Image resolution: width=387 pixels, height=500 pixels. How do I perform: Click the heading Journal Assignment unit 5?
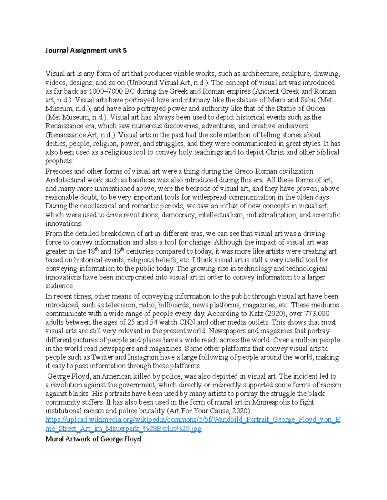(x=86, y=50)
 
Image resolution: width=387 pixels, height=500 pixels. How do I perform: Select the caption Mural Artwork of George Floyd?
(x=93, y=439)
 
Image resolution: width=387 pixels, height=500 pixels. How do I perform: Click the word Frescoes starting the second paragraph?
(x=59, y=171)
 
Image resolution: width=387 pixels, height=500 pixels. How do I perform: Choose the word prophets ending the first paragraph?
(x=59, y=161)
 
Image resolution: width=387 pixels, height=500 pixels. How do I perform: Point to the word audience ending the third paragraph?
(x=59, y=286)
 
